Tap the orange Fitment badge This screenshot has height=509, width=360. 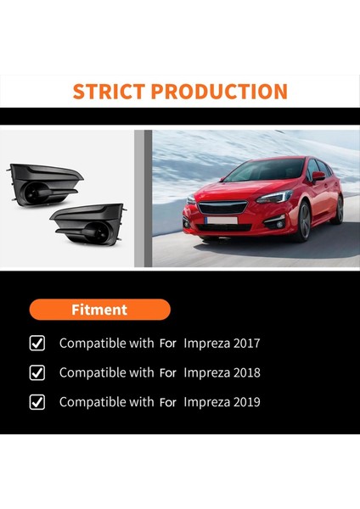pos(100,310)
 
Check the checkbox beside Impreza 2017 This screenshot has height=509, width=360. pos(37,344)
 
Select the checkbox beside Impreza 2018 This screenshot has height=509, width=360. pos(37,372)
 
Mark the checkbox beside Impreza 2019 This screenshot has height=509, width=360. pos(37,402)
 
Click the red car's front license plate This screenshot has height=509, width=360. pos(222,221)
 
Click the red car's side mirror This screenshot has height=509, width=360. pos(318,176)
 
